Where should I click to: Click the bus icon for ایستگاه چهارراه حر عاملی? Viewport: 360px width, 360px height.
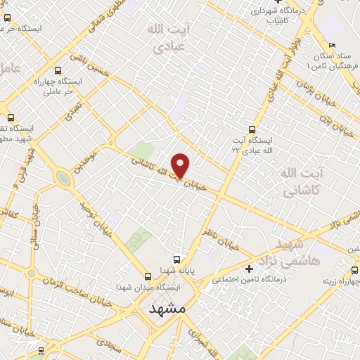pyautogui.click(x=57, y=70)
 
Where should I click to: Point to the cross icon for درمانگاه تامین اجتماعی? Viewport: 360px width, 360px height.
pyautogui.click(x=248, y=269)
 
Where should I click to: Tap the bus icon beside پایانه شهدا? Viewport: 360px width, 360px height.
pyautogui.click(x=176, y=259)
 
